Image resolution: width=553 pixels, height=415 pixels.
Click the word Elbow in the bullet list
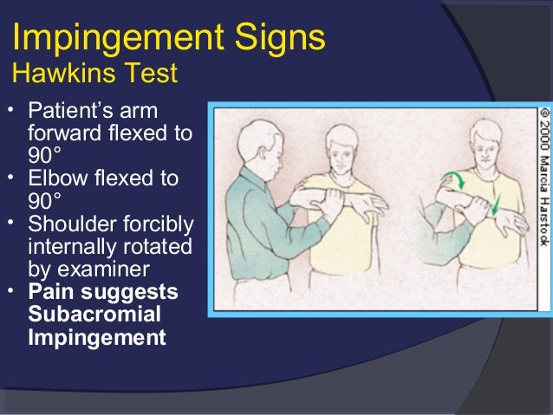click(x=55, y=178)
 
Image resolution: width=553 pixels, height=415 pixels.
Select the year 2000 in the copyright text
click(x=543, y=139)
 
